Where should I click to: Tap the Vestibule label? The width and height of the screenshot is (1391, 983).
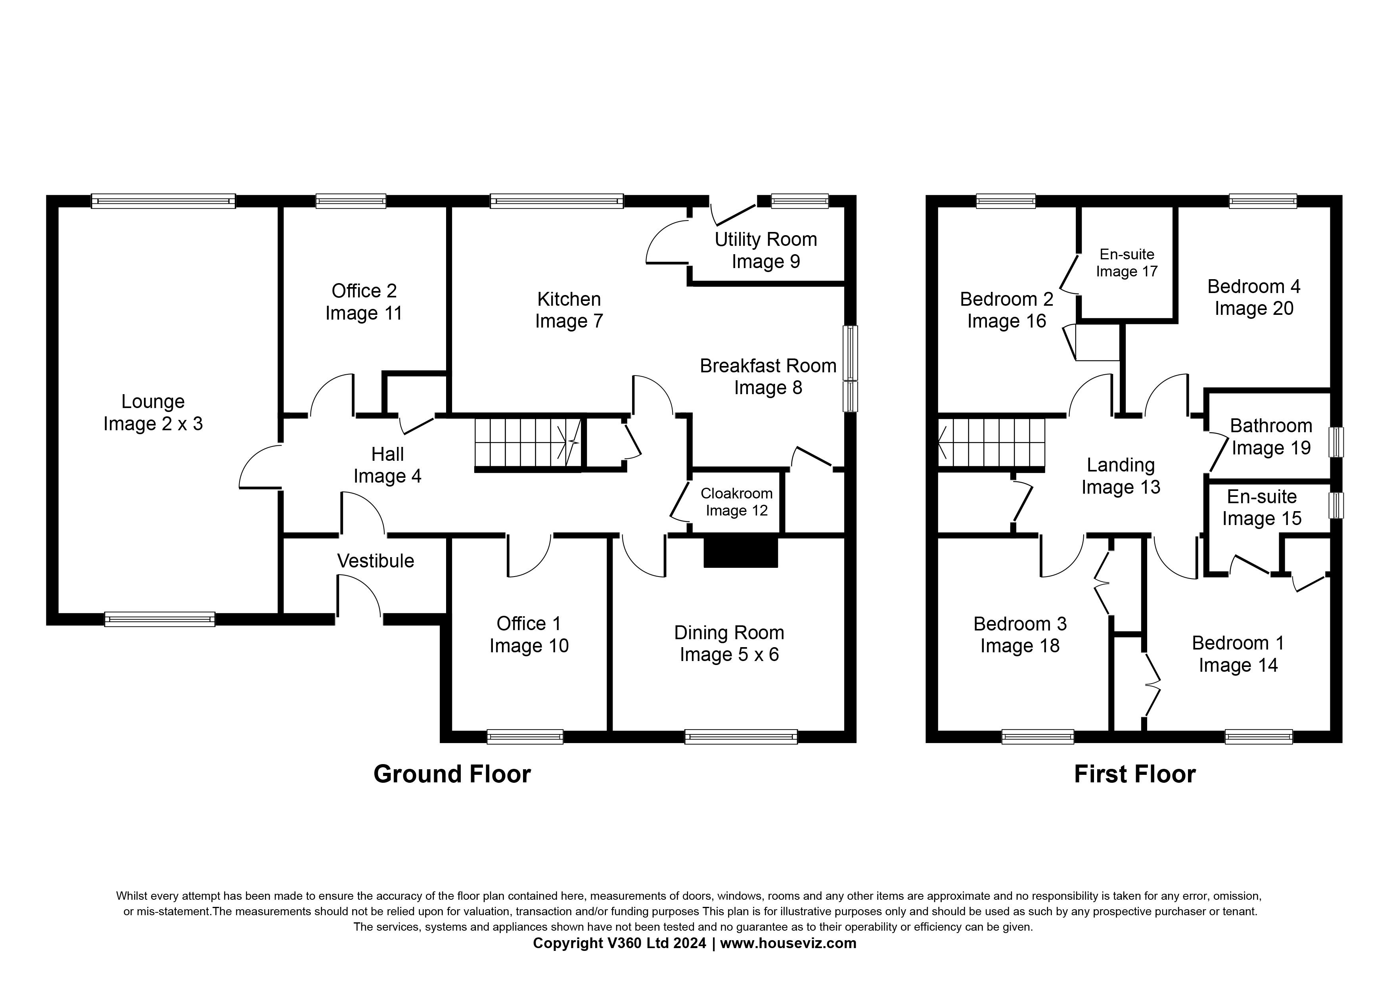point(375,561)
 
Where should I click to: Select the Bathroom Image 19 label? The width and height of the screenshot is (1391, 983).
point(1270,437)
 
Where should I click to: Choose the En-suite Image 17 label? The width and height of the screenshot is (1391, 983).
point(1126,263)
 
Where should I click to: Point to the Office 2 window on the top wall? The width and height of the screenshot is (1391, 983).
point(351,201)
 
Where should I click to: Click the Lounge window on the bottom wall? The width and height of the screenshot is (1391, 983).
point(159,619)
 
